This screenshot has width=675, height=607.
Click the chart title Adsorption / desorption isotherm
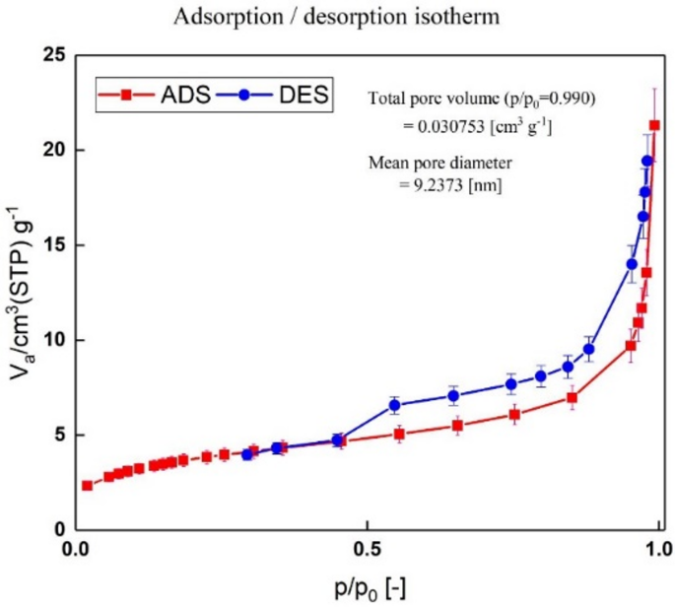point(337,17)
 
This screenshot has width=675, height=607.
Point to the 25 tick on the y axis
point(51,55)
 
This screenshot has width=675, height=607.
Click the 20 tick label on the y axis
point(51,150)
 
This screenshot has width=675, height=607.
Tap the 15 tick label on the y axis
point(51,245)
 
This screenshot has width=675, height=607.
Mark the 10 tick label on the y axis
point(51,340)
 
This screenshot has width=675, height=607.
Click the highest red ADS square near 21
point(654,125)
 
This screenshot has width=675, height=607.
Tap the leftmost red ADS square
point(87,485)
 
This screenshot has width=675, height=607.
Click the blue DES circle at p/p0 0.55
point(395,405)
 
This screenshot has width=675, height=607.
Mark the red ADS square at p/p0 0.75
point(514,415)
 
